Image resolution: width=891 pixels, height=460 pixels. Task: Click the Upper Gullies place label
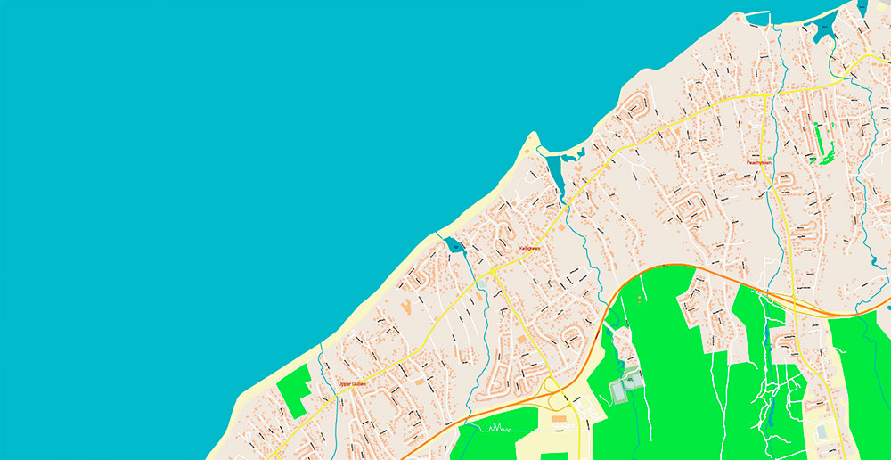[352, 384]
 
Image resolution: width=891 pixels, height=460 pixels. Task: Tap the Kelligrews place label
[529, 248]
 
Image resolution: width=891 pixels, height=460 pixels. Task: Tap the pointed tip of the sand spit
[534, 135]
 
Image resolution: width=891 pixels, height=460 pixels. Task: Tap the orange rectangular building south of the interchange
[559, 418]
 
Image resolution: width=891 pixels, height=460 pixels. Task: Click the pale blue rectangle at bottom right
[821, 431]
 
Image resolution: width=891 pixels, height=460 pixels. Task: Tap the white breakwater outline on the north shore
[757, 13]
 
